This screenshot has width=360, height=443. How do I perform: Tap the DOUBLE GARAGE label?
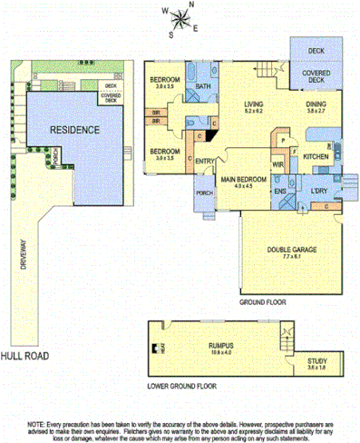pos(287,251)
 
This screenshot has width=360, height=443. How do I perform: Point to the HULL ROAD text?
pos(24,356)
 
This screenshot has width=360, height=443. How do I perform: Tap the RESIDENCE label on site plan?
pos(74,131)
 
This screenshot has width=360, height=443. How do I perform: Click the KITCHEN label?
pos(316,157)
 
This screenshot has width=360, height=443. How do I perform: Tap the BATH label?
pos(203,87)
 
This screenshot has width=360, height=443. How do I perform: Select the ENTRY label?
pos(205,162)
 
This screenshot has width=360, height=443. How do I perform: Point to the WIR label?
pos(279,164)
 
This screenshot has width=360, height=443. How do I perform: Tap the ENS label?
pos(282,192)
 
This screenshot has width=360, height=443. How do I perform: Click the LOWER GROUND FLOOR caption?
pos(188,386)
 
